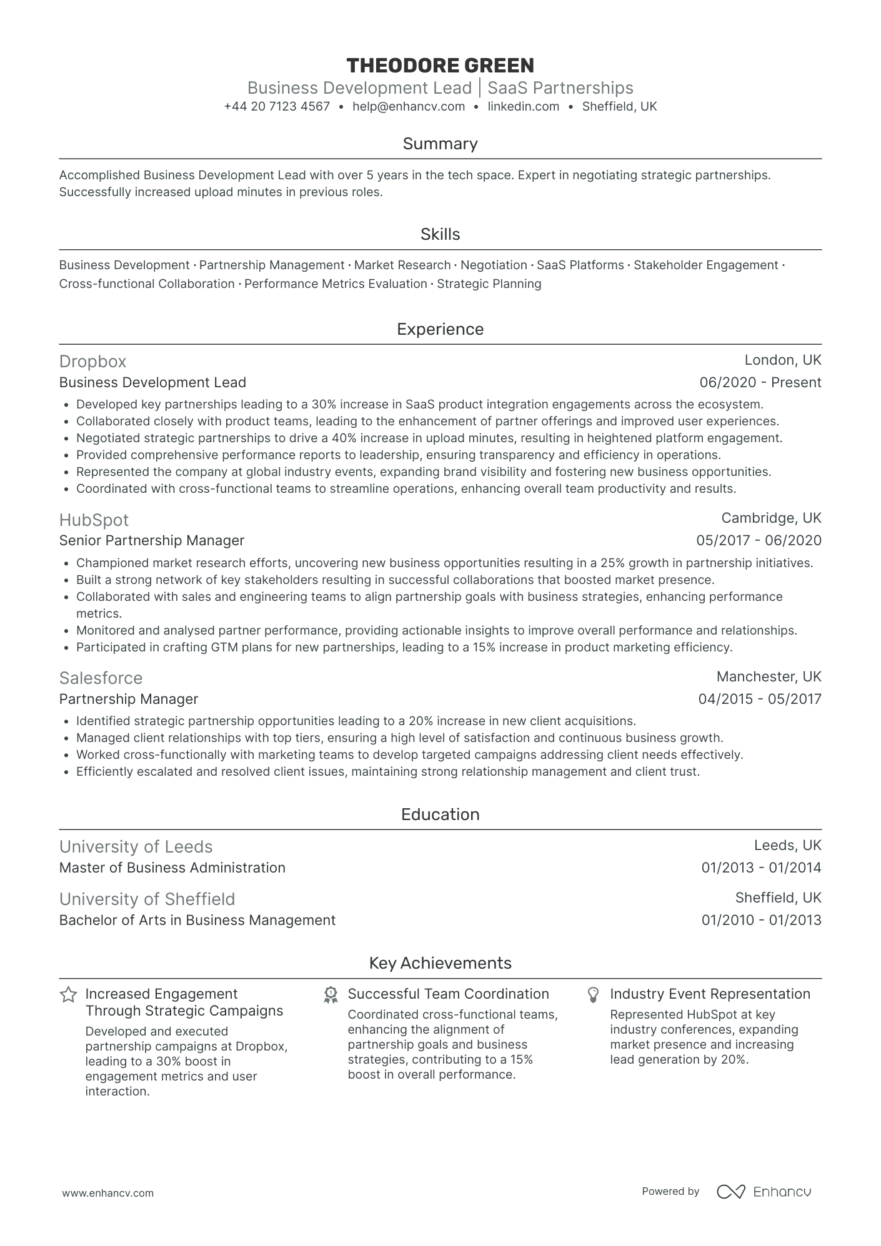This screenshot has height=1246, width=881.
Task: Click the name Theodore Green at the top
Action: click(440, 66)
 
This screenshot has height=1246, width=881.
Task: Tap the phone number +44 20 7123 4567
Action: click(277, 106)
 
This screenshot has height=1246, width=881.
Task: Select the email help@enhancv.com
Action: click(409, 106)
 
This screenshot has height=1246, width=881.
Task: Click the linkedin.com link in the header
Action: click(523, 106)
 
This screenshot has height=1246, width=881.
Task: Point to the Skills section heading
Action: click(440, 234)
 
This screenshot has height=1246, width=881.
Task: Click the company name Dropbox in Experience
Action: click(92, 362)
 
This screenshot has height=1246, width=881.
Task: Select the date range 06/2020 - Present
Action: click(760, 382)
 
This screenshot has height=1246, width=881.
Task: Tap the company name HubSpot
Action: click(94, 520)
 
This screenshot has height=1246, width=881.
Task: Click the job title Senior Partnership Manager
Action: click(152, 540)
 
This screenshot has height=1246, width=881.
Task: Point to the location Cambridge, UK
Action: click(771, 518)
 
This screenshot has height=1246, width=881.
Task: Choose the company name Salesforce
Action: click(101, 678)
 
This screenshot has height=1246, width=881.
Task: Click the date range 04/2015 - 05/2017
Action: click(760, 699)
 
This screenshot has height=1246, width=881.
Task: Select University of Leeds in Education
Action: click(136, 846)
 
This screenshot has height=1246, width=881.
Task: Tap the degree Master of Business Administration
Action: click(172, 868)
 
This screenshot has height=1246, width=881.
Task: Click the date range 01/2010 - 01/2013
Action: click(761, 920)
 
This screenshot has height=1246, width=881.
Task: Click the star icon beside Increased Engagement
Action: click(68, 994)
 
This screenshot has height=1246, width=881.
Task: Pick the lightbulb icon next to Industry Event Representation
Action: click(594, 995)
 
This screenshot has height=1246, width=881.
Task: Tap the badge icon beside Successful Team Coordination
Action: click(331, 995)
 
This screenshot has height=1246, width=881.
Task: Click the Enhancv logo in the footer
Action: click(764, 1191)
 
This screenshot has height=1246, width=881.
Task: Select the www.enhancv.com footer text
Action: click(108, 1193)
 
